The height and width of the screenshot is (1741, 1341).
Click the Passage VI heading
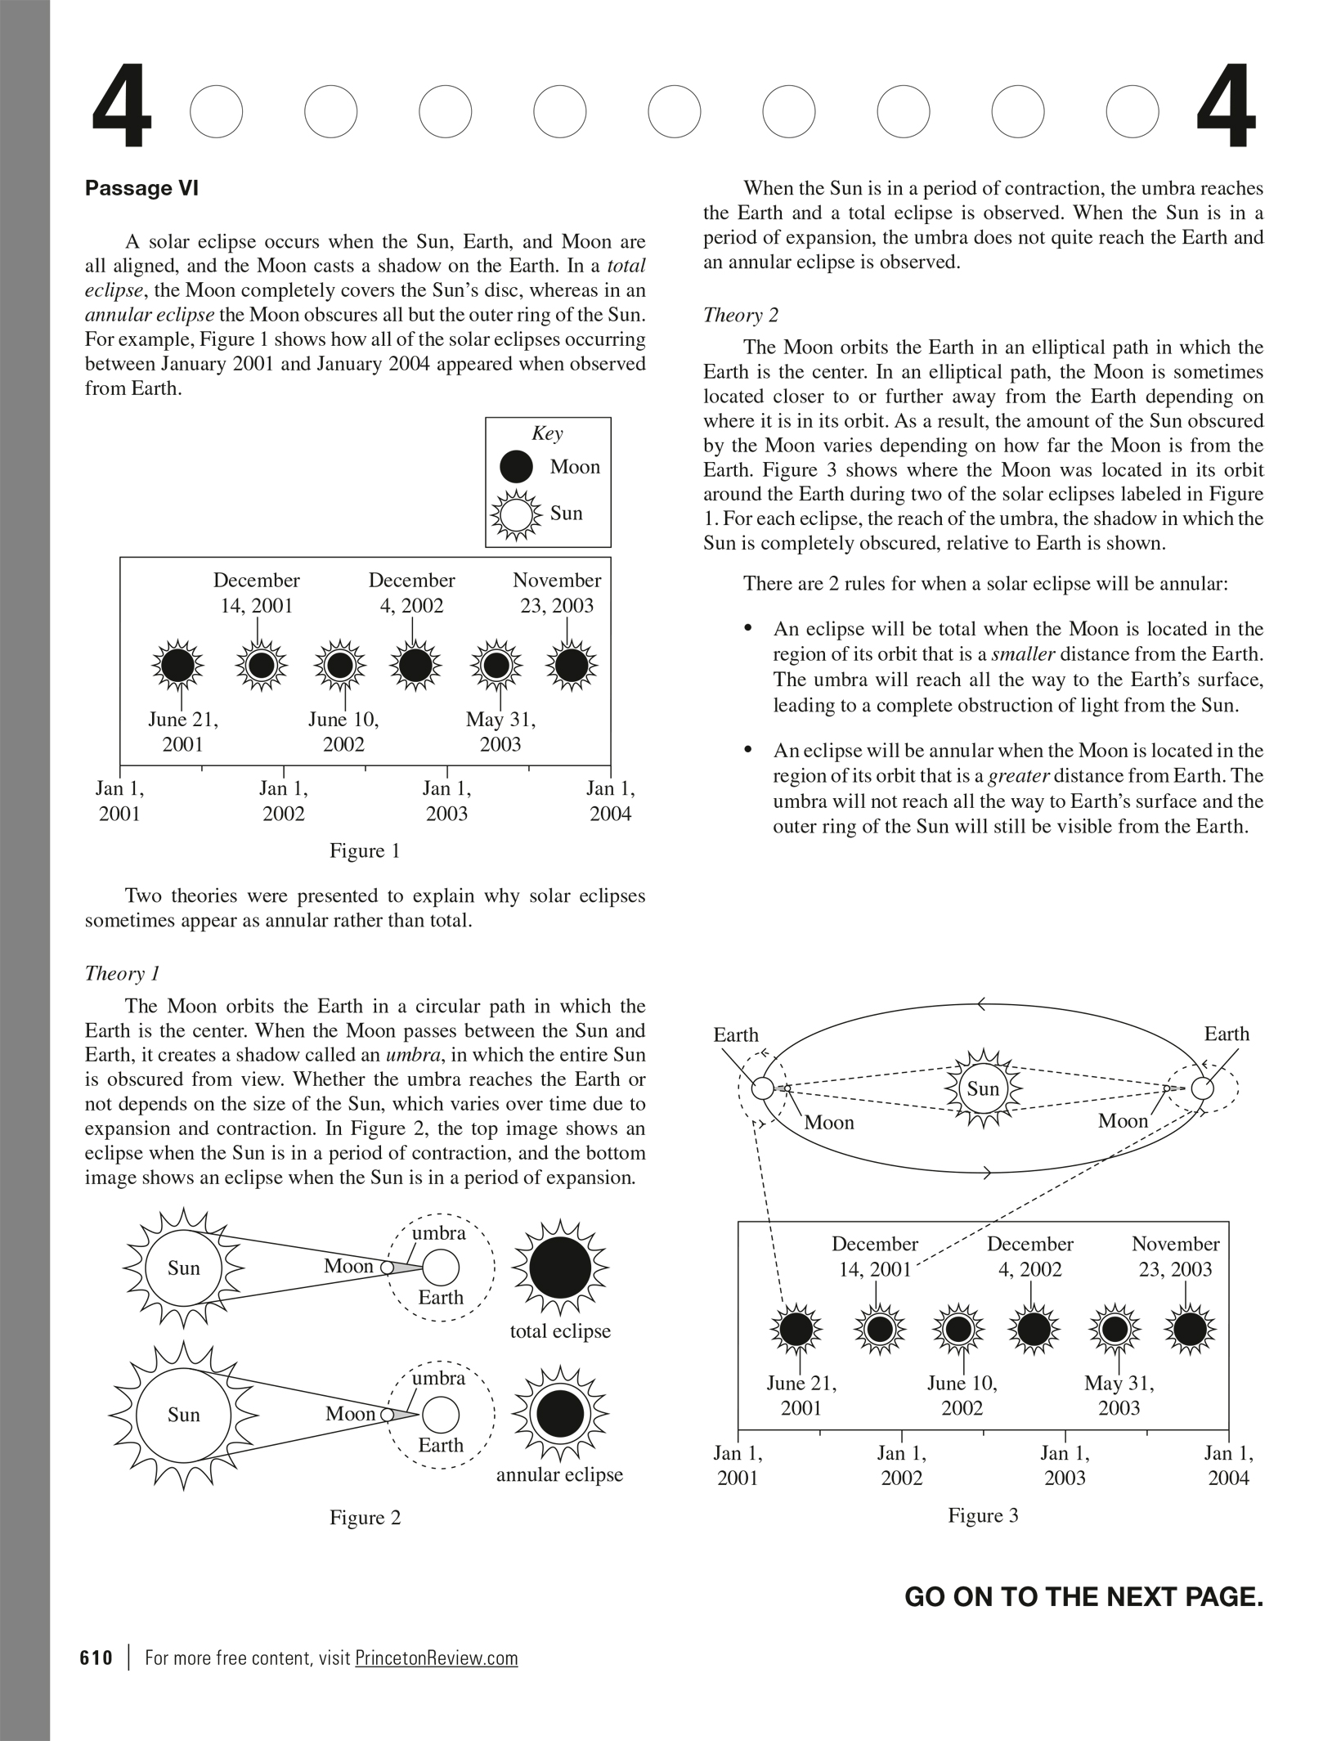tap(141, 189)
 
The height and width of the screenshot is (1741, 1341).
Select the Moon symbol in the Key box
tap(516, 467)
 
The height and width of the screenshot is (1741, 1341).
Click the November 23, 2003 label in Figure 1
tap(557, 593)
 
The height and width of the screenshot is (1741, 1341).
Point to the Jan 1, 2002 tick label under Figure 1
tap(284, 801)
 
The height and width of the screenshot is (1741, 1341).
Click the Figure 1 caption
tap(365, 850)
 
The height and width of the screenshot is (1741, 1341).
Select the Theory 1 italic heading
tap(122, 973)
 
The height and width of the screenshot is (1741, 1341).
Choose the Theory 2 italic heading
tap(740, 315)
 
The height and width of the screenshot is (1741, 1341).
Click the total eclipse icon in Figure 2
tap(560, 1268)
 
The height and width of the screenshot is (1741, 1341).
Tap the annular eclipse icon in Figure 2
tap(560, 1414)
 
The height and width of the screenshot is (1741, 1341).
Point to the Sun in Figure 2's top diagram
tap(183, 1268)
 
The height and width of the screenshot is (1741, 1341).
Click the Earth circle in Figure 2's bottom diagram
tap(441, 1415)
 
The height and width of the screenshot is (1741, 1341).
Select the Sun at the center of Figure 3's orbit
tap(983, 1088)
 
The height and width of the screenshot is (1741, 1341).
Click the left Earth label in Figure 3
tap(736, 1035)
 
